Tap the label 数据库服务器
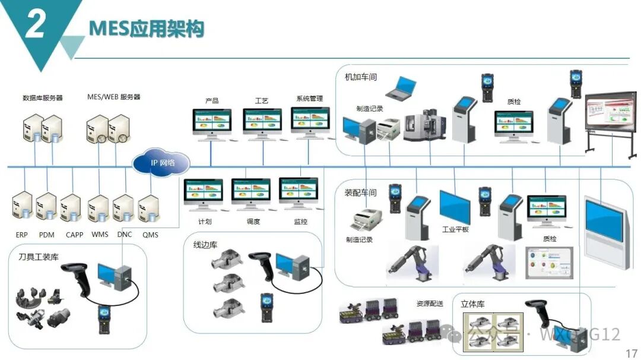click(x=43, y=97)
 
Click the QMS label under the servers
click(x=150, y=235)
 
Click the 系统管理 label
click(x=309, y=99)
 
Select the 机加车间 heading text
click(x=361, y=77)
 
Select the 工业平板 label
click(x=455, y=229)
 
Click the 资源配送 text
click(x=430, y=304)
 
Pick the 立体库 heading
click(x=472, y=304)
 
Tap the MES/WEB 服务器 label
click(x=113, y=97)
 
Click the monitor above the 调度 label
click(x=251, y=192)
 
